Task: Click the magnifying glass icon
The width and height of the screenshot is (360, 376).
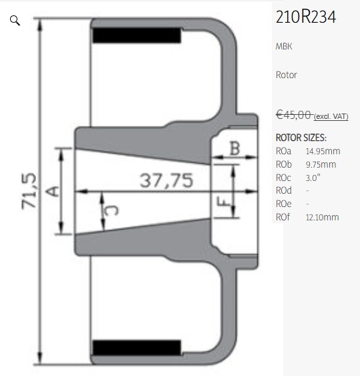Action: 15,21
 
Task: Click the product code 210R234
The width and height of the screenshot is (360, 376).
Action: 306,17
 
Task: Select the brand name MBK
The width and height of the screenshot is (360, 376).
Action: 284,46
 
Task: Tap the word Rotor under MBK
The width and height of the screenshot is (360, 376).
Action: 287,75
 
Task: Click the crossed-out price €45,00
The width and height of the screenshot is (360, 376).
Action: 293,115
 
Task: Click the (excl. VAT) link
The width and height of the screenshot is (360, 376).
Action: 331,117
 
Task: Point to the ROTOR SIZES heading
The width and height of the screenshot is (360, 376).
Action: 301,138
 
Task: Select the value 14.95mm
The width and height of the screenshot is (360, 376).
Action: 323,152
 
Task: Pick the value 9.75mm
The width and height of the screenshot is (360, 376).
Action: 321,165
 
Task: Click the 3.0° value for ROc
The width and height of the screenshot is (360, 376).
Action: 313,178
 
